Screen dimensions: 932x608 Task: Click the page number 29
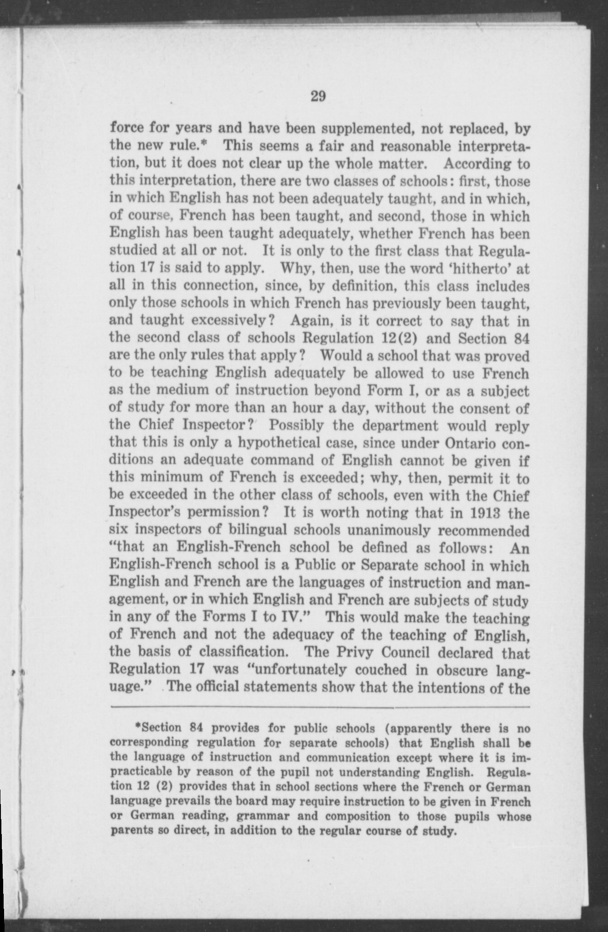(317, 96)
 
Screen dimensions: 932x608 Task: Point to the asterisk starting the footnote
(138, 727)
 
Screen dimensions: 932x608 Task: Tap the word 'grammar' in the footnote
(259, 816)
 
